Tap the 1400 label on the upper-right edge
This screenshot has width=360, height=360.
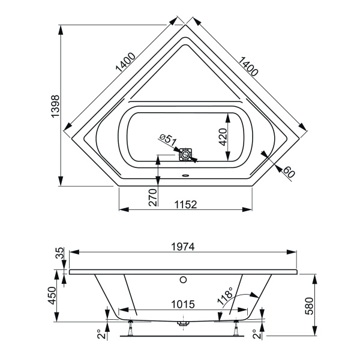point(247,65)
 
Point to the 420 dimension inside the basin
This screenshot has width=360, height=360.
point(223,138)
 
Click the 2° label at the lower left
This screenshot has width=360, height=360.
point(99,332)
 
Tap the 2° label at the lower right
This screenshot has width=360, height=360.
point(256,332)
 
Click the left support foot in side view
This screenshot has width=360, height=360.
point(130,326)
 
